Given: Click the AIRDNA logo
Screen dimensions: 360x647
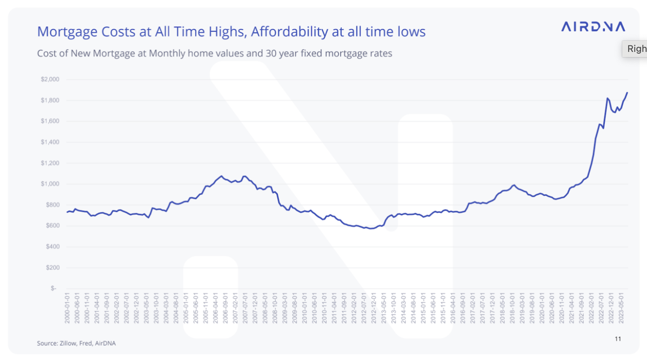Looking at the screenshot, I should (x=593, y=27).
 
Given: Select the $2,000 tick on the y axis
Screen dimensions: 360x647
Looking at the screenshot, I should (x=50, y=80).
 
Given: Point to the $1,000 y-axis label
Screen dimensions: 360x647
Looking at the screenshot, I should (x=50, y=184).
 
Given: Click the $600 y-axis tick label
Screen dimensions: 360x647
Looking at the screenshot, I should (x=53, y=226).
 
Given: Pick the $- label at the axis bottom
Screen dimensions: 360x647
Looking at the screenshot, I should (x=54, y=289).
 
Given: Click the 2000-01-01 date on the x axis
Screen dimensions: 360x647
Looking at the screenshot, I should (x=67, y=308).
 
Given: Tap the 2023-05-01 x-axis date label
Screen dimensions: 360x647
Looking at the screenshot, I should (x=621, y=308).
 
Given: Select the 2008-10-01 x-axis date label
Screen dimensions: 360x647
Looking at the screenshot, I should (x=275, y=308).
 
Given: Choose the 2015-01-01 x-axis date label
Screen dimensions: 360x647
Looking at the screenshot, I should (x=423, y=308).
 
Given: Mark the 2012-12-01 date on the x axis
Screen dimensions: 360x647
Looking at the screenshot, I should (x=374, y=308).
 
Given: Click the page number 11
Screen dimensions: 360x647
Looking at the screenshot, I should (x=618, y=339).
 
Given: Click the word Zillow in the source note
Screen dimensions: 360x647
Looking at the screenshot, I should (x=68, y=343).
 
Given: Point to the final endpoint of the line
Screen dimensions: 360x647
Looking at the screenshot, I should (x=627, y=93).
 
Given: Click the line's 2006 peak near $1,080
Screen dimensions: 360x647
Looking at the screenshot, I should (x=221, y=176).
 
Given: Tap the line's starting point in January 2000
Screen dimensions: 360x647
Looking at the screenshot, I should (x=67, y=212).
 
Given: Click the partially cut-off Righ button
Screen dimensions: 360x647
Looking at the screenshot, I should (x=636, y=49).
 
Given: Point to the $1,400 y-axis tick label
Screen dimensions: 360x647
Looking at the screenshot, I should (x=50, y=142).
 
